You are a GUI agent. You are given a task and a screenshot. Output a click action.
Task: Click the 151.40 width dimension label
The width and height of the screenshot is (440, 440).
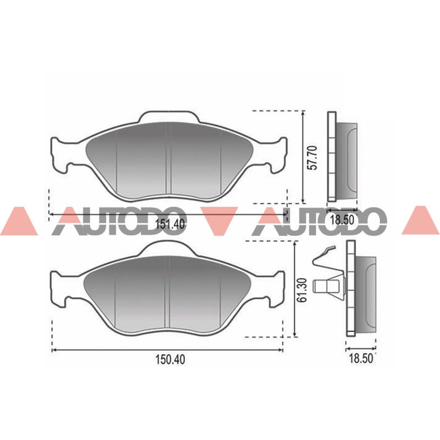click(x=170, y=224)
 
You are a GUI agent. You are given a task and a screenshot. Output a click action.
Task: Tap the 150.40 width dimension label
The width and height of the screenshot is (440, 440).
click(x=170, y=360)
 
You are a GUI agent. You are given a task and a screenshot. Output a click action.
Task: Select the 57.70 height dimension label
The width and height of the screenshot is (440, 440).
click(x=312, y=157)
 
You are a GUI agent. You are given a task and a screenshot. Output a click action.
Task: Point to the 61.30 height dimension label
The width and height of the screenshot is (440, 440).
click(x=302, y=290)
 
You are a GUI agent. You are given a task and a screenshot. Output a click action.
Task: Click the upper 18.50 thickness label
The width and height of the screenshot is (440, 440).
click(x=342, y=219)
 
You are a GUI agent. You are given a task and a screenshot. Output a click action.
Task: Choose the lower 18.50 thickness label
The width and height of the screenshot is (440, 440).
click(x=361, y=359)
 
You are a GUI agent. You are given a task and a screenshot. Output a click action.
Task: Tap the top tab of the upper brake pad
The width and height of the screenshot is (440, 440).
click(x=169, y=117)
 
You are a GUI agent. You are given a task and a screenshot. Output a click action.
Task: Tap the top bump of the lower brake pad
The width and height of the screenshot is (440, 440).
click(x=169, y=249)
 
